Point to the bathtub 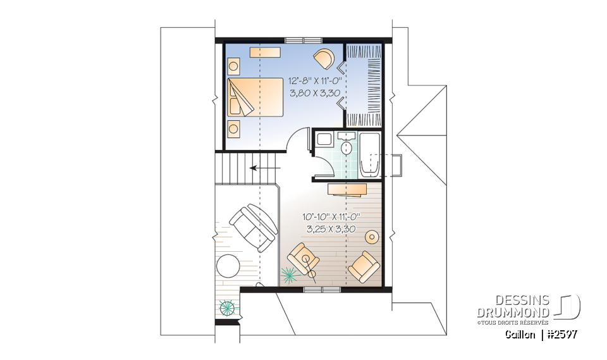click(369, 155)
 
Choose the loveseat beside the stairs click(254, 227)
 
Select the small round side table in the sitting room click(372, 237)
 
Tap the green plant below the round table click(227, 309)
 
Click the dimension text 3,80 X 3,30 click(315, 92)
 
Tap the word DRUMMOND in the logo click(513, 313)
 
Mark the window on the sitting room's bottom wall click(322, 289)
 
